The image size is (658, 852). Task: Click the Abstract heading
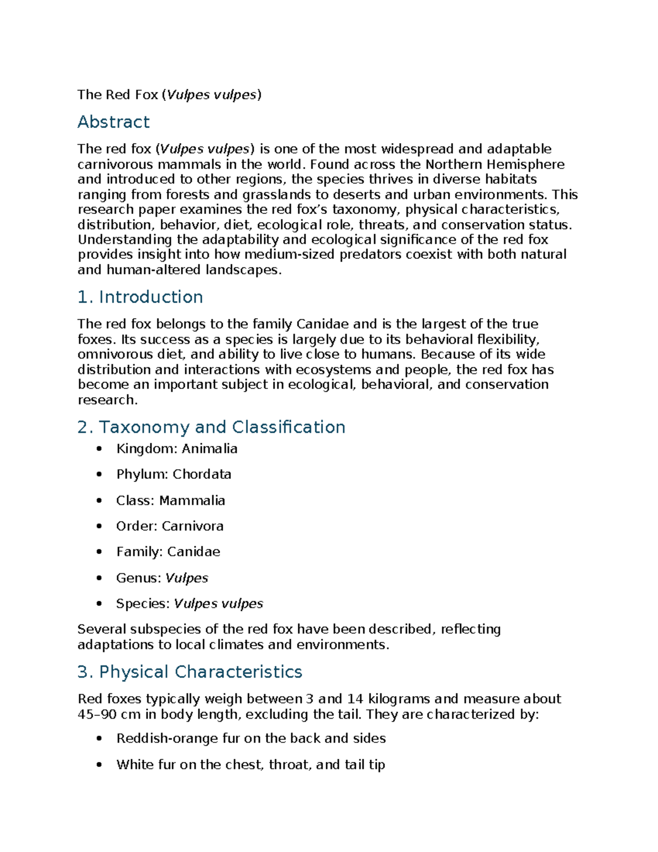click(114, 122)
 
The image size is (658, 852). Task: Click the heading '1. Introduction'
click(140, 297)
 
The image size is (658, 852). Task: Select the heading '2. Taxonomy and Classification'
click(211, 427)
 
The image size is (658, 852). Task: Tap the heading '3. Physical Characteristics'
click(190, 672)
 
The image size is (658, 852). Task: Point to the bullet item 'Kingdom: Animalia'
click(177, 449)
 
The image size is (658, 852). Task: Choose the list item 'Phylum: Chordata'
click(173, 474)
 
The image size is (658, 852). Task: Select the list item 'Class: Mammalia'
click(171, 500)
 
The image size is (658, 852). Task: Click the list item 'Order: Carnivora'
click(169, 526)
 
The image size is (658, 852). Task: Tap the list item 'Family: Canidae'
click(168, 551)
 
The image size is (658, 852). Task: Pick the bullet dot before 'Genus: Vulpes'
click(99, 578)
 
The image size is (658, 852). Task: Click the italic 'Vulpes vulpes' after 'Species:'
click(218, 603)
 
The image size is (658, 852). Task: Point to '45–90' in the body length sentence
click(94, 714)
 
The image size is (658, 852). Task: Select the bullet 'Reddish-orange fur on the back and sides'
click(251, 738)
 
